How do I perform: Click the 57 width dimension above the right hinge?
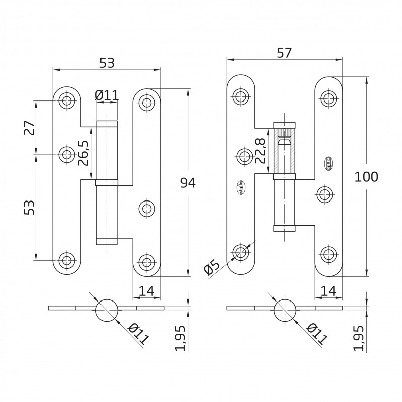tap(284, 52)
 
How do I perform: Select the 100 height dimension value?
tap(366, 176)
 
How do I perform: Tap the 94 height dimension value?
tap(187, 183)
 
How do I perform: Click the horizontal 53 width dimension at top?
tap(107, 63)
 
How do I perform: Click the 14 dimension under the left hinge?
tap(146, 290)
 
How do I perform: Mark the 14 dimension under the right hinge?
tap(329, 290)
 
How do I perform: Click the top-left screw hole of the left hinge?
tap(66, 100)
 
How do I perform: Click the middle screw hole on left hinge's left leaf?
tap(66, 155)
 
